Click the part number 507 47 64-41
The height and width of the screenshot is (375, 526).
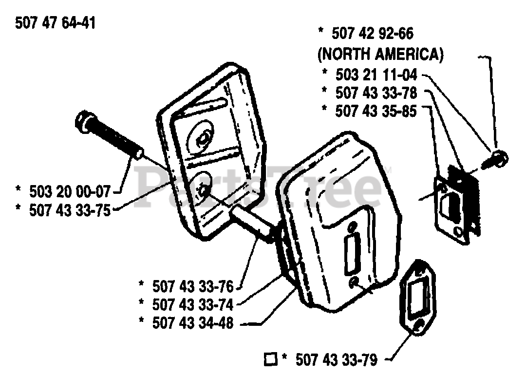tap(55, 23)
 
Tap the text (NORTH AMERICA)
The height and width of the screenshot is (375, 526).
tap(380, 55)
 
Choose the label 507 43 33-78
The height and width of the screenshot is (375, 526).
tap(376, 93)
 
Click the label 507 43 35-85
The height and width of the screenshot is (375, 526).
tap(376, 111)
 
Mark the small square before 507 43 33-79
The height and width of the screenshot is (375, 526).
tap(270, 359)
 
